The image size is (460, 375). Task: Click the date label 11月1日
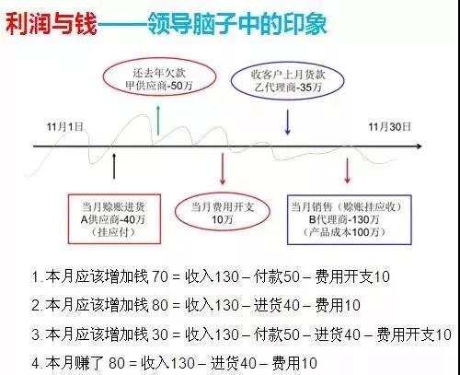(x=64, y=126)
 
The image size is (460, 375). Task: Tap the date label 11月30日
(x=389, y=126)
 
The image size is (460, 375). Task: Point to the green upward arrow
(x=158, y=120)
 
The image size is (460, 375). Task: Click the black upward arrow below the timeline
(x=114, y=166)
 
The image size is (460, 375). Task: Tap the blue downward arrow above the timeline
(x=287, y=122)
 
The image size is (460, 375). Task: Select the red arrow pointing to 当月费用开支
(x=223, y=169)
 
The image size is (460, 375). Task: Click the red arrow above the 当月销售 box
(x=347, y=170)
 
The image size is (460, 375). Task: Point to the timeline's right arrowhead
(x=420, y=146)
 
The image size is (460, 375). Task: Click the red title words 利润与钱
(x=51, y=24)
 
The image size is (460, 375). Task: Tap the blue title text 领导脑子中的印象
(x=237, y=23)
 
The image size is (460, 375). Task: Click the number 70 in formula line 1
(x=160, y=276)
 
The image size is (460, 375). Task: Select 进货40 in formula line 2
(x=277, y=305)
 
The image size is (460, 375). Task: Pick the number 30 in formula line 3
(x=160, y=334)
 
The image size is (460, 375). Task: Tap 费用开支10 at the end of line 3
(x=414, y=334)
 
